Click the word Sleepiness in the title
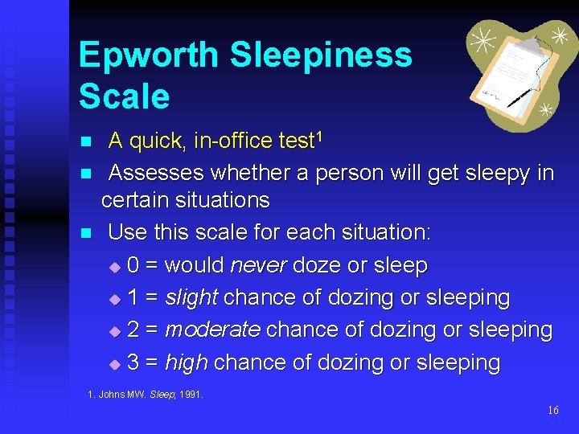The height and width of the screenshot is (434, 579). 321,56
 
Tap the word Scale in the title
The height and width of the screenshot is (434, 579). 125,97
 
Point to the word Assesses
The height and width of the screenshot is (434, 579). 158,173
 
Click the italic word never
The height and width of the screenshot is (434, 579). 259,265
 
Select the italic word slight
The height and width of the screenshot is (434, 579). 191,297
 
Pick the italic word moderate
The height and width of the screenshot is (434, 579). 212,330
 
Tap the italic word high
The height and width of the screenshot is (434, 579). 186,363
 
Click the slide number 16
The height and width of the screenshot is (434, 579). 552,411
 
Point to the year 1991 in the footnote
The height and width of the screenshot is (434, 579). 191,395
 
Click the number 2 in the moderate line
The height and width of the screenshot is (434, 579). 133,330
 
